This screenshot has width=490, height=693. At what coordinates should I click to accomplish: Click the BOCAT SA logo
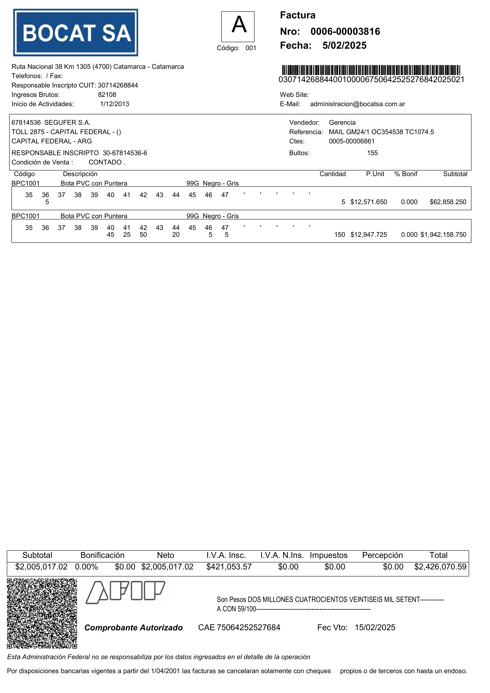click(x=75, y=33)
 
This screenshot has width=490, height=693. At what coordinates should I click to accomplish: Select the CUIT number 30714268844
click(x=118, y=85)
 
